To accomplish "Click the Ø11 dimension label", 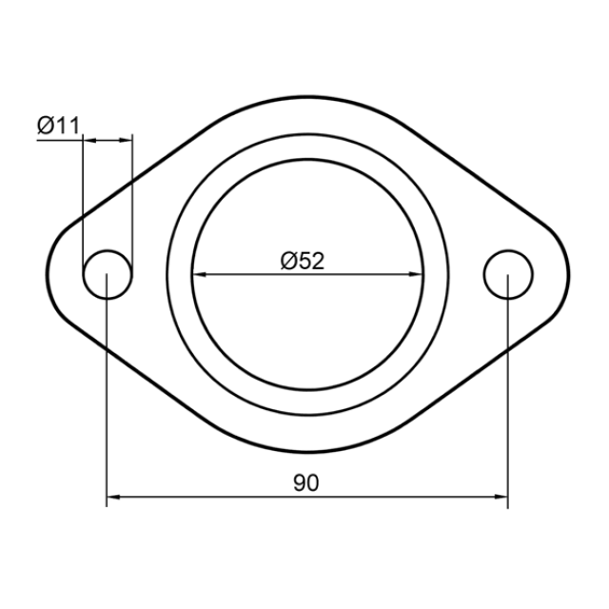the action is click(58, 126).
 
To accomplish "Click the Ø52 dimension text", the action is click(303, 261).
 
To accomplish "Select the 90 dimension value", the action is click(306, 482).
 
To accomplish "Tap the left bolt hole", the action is click(108, 251).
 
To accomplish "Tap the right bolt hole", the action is click(508, 251).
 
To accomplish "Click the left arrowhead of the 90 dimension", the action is click(112, 497).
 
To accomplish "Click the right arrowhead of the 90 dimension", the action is click(501, 497).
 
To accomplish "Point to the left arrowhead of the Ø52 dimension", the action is click(200, 274).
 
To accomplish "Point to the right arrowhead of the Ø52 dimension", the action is click(416, 274).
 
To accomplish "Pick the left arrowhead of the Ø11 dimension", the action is click(89, 140).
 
